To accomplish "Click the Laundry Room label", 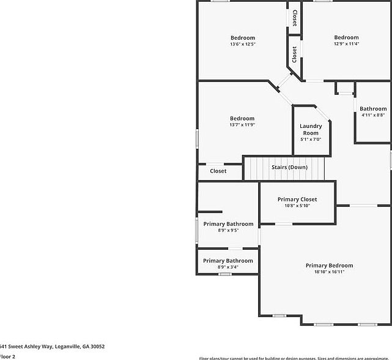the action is pos(311,130).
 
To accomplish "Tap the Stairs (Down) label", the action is pos(289,167).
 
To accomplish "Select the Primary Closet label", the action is pos(297,200).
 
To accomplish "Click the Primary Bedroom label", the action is pos(329,266).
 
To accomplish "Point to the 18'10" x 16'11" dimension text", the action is pos(329,272).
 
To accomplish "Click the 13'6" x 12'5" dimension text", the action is pos(243,44).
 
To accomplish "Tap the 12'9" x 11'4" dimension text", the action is pos(346,43).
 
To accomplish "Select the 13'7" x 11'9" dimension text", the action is pos(242,124).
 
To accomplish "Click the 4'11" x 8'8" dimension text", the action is pos(373,114).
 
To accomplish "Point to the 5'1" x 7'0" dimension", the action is pos(311,140).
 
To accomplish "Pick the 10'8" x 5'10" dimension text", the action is pos(297,206).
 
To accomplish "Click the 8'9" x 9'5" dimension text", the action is pos(228,230).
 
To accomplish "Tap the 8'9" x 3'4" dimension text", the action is pos(227,267).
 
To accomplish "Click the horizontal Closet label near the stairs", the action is pos(218,171).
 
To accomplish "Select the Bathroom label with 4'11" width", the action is pos(373,109).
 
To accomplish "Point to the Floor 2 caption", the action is pos(7,356).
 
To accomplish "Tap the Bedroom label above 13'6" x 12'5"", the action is pos(243,38).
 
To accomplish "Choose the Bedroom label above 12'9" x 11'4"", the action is pos(346,37).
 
